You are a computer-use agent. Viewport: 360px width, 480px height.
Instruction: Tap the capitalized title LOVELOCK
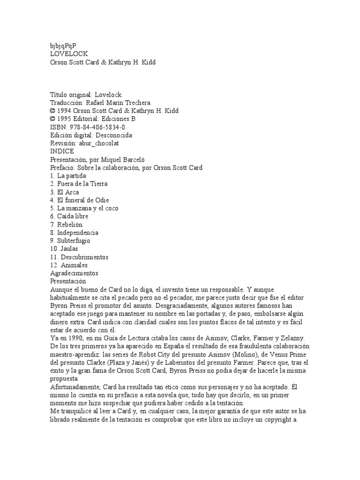(x=69, y=54)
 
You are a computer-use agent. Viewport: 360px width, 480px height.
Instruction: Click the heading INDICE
(x=62, y=151)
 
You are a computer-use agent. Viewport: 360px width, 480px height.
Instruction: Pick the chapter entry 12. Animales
(x=69, y=265)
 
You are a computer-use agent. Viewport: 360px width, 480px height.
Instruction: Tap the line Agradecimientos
(x=74, y=273)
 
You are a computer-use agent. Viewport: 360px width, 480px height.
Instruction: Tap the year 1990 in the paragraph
(x=76, y=338)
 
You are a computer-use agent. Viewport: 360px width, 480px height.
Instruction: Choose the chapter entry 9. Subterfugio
(x=70, y=241)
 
